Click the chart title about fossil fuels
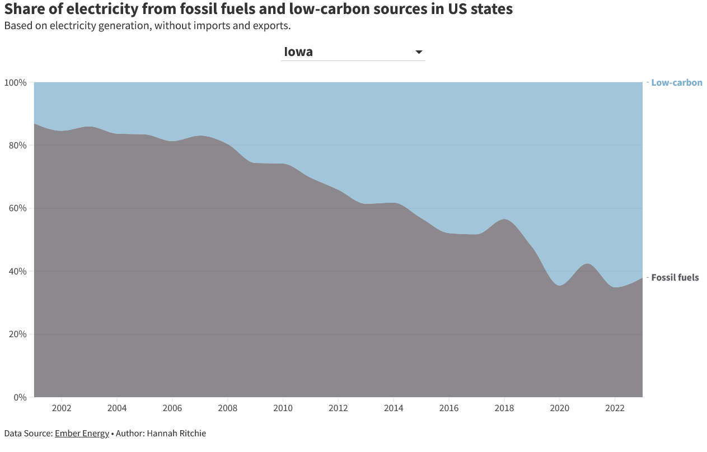click(258, 10)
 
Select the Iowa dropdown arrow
click(419, 52)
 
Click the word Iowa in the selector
click(298, 52)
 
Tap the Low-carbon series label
click(676, 83)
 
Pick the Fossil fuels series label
click(675, 277)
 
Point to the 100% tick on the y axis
click(16, 83)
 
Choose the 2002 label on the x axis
click(62, 408)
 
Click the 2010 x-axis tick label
click(283, 408)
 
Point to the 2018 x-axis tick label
click(504, 408)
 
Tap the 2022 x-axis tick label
click(615, 408)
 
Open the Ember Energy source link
click(82, 434)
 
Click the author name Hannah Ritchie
click(176, 434)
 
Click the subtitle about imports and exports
click(147, 26)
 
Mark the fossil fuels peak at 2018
click(504, 220)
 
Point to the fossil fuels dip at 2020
click(560, 286)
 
